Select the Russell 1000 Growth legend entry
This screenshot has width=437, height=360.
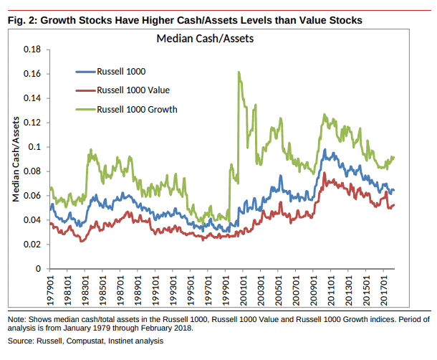coord(136,109)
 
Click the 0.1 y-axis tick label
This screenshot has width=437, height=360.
coord(34,147)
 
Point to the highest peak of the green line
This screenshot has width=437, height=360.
coord(238,72)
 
